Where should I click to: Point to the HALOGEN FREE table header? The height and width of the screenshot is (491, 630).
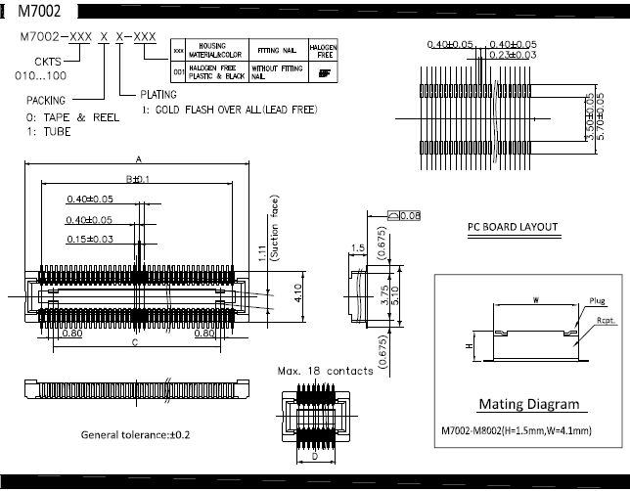[x=324, y=48]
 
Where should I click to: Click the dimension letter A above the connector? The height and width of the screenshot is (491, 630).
[x=139, y=158]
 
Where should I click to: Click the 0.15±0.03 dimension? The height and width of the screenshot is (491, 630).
[x=89, y=239]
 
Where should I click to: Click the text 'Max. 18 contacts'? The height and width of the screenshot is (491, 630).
[x=325, y=371]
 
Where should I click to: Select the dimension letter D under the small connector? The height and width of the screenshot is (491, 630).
[x=314, y=456]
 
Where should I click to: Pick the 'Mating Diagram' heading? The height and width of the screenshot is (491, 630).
[x=527, y=404]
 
